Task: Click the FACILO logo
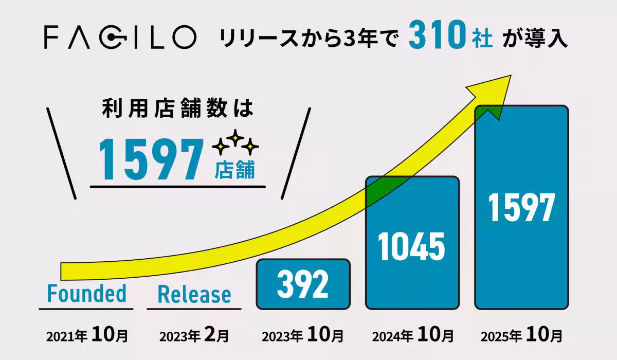pos(119,37)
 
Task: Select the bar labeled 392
pos(303,284)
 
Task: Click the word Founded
pos(86,294)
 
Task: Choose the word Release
pos(194,295)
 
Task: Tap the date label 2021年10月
pos(87,336)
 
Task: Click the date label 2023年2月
pos(194,336)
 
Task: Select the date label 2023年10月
pos(303,336)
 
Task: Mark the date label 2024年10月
pos(412,336)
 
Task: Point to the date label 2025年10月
pos(521,336)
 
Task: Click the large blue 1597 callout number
pos(150,158)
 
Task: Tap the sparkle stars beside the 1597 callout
pos(236,143)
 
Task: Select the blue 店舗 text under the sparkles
pos(234,170)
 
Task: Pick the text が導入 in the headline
pos(538,38)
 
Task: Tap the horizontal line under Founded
pos(86,309)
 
